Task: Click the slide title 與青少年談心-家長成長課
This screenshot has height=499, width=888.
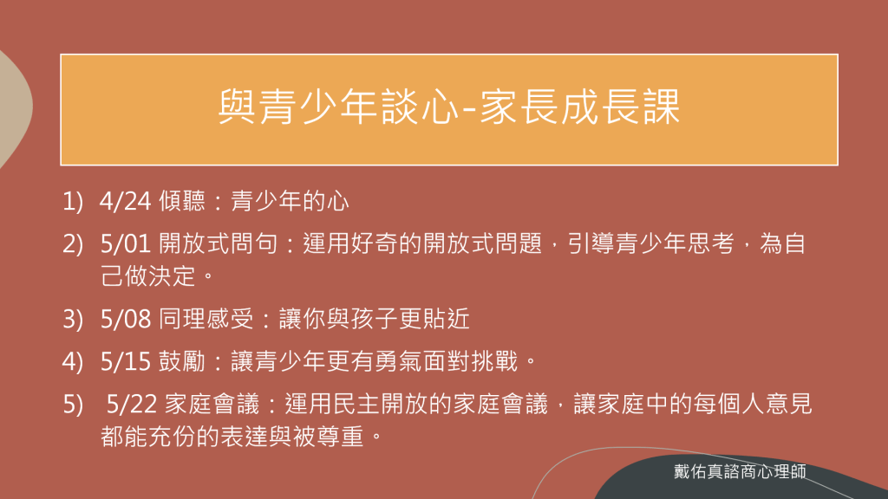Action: (x=449, y=107)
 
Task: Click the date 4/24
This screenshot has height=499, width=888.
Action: (x=125, y=201)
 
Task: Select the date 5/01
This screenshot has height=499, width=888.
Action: (x=125, y=243)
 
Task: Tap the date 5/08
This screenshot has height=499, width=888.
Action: (x=126, y=319)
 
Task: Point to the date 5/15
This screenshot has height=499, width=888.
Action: (x=125, y=361)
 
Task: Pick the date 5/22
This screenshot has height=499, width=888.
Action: (x=132, y=404)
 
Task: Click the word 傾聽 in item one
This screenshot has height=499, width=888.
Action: (x=182, y=201)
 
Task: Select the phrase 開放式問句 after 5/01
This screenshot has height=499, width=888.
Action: (x=219, y=243)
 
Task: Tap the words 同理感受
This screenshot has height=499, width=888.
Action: (x=206, y=319)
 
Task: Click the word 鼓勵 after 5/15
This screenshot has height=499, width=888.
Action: (x=182, y=361)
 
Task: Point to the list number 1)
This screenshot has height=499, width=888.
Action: (x=73, y=202)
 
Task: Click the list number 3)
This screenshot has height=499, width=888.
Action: (x=73, y=320)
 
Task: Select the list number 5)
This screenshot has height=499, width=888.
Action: (x=73, y=405)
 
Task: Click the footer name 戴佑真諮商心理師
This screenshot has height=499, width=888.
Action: (x=741, y=471)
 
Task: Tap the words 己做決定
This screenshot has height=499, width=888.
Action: (x=147, y=276)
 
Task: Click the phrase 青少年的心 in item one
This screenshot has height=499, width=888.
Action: (x=290, y=201)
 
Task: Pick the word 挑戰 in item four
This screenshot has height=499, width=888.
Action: (x=494, y=361)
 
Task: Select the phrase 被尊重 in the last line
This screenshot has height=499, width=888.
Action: (x=328, y=437)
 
